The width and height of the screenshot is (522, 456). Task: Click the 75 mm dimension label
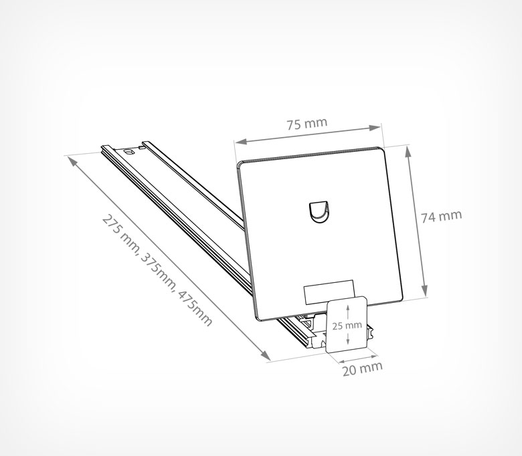[x=307, y=124]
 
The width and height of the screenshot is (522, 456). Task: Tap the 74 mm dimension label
[x=442, y=216]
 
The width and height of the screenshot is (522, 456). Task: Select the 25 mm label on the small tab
[x=347, y=326]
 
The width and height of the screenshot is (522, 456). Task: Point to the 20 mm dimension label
[x=363, y=368]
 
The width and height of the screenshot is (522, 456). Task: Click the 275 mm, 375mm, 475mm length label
[x=157, y=270]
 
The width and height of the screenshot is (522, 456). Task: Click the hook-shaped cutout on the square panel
[x=319, y=213]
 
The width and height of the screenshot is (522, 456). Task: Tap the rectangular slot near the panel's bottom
[x=329, y=292]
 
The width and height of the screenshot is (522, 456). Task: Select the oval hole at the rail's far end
[x=128, y=152]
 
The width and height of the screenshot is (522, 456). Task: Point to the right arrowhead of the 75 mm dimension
[x=375, y=127]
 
